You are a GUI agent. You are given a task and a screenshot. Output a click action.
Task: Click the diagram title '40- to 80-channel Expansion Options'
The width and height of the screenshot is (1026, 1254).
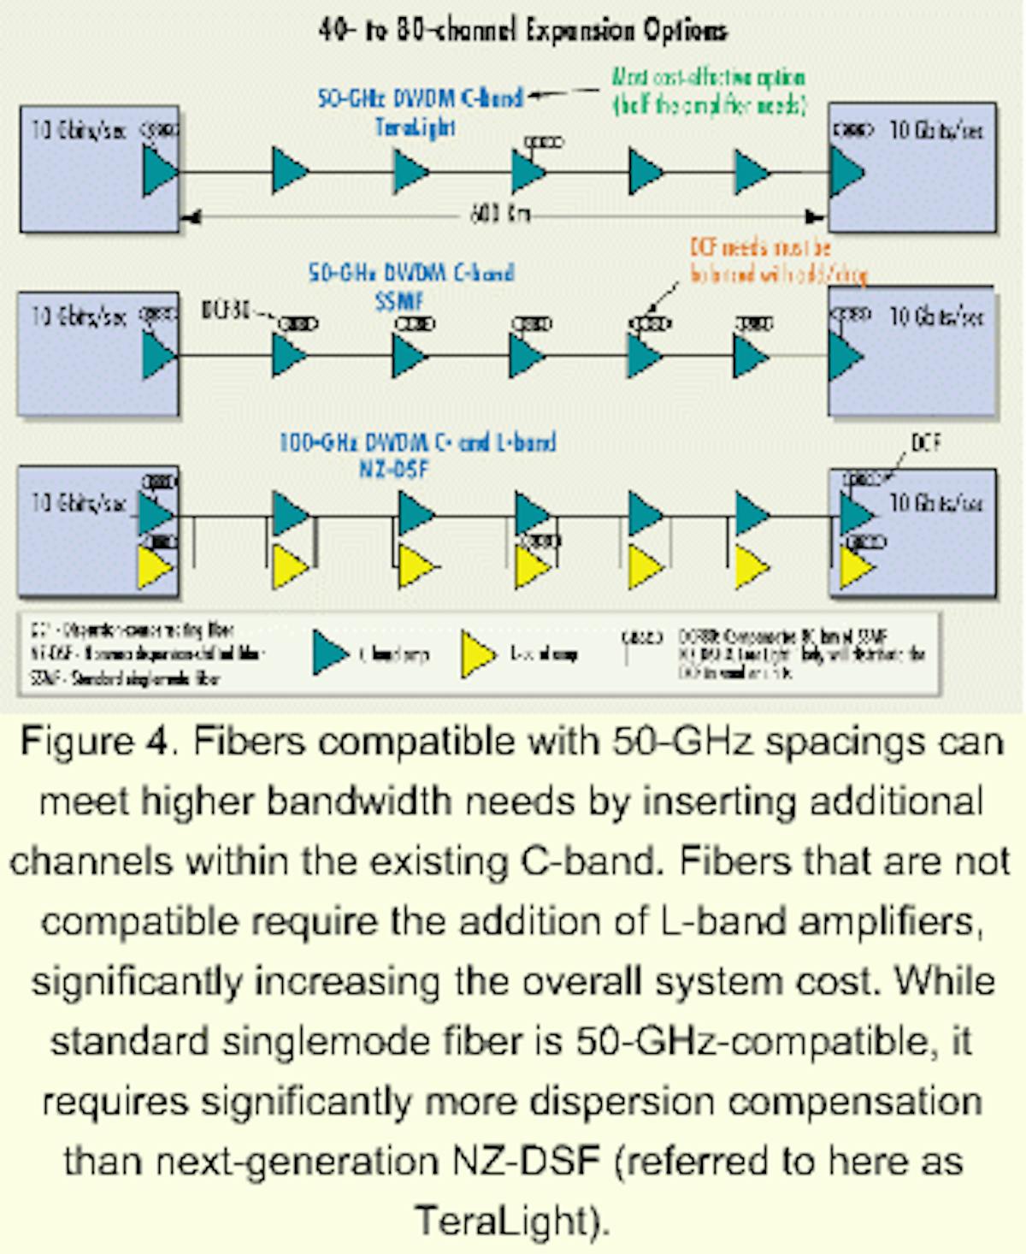[522, 31]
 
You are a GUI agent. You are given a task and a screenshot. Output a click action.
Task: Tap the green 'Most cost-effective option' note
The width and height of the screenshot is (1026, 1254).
[708, 78]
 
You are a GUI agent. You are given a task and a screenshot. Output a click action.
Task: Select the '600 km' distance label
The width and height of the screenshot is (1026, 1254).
[500, 215]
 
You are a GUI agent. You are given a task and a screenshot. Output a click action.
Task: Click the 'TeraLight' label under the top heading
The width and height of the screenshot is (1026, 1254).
[416, 127]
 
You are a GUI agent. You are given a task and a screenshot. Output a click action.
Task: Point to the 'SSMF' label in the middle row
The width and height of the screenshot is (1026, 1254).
[399, 301]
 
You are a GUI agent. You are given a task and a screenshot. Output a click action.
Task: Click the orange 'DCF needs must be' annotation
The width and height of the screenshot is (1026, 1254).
[760, 248]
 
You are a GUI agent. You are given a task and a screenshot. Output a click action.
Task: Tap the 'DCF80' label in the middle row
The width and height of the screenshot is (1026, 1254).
[227, 311]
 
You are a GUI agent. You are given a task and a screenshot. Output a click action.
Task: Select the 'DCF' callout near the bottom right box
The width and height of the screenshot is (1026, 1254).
[926, 443]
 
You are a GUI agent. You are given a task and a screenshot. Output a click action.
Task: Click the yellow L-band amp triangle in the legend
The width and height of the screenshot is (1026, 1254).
[477, 654]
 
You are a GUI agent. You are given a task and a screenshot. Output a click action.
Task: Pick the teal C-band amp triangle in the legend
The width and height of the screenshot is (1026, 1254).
[330, 654]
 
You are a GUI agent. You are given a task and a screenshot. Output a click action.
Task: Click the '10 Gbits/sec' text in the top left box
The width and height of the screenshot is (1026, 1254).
[79, 130]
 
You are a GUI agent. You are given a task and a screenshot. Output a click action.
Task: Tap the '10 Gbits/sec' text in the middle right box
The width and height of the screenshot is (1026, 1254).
[936, 317]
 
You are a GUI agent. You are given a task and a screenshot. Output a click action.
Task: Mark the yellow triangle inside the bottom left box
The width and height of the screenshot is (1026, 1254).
[156, 569]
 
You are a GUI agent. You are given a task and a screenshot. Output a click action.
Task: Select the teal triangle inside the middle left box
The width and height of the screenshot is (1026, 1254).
[158, 355]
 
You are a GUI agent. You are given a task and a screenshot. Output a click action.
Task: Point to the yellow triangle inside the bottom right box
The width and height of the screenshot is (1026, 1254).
[856, 568]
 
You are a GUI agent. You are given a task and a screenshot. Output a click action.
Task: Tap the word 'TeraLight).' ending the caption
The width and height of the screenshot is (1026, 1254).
[512, 1220]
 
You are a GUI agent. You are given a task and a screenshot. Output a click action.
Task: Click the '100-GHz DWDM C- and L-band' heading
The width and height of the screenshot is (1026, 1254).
[417, 443]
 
